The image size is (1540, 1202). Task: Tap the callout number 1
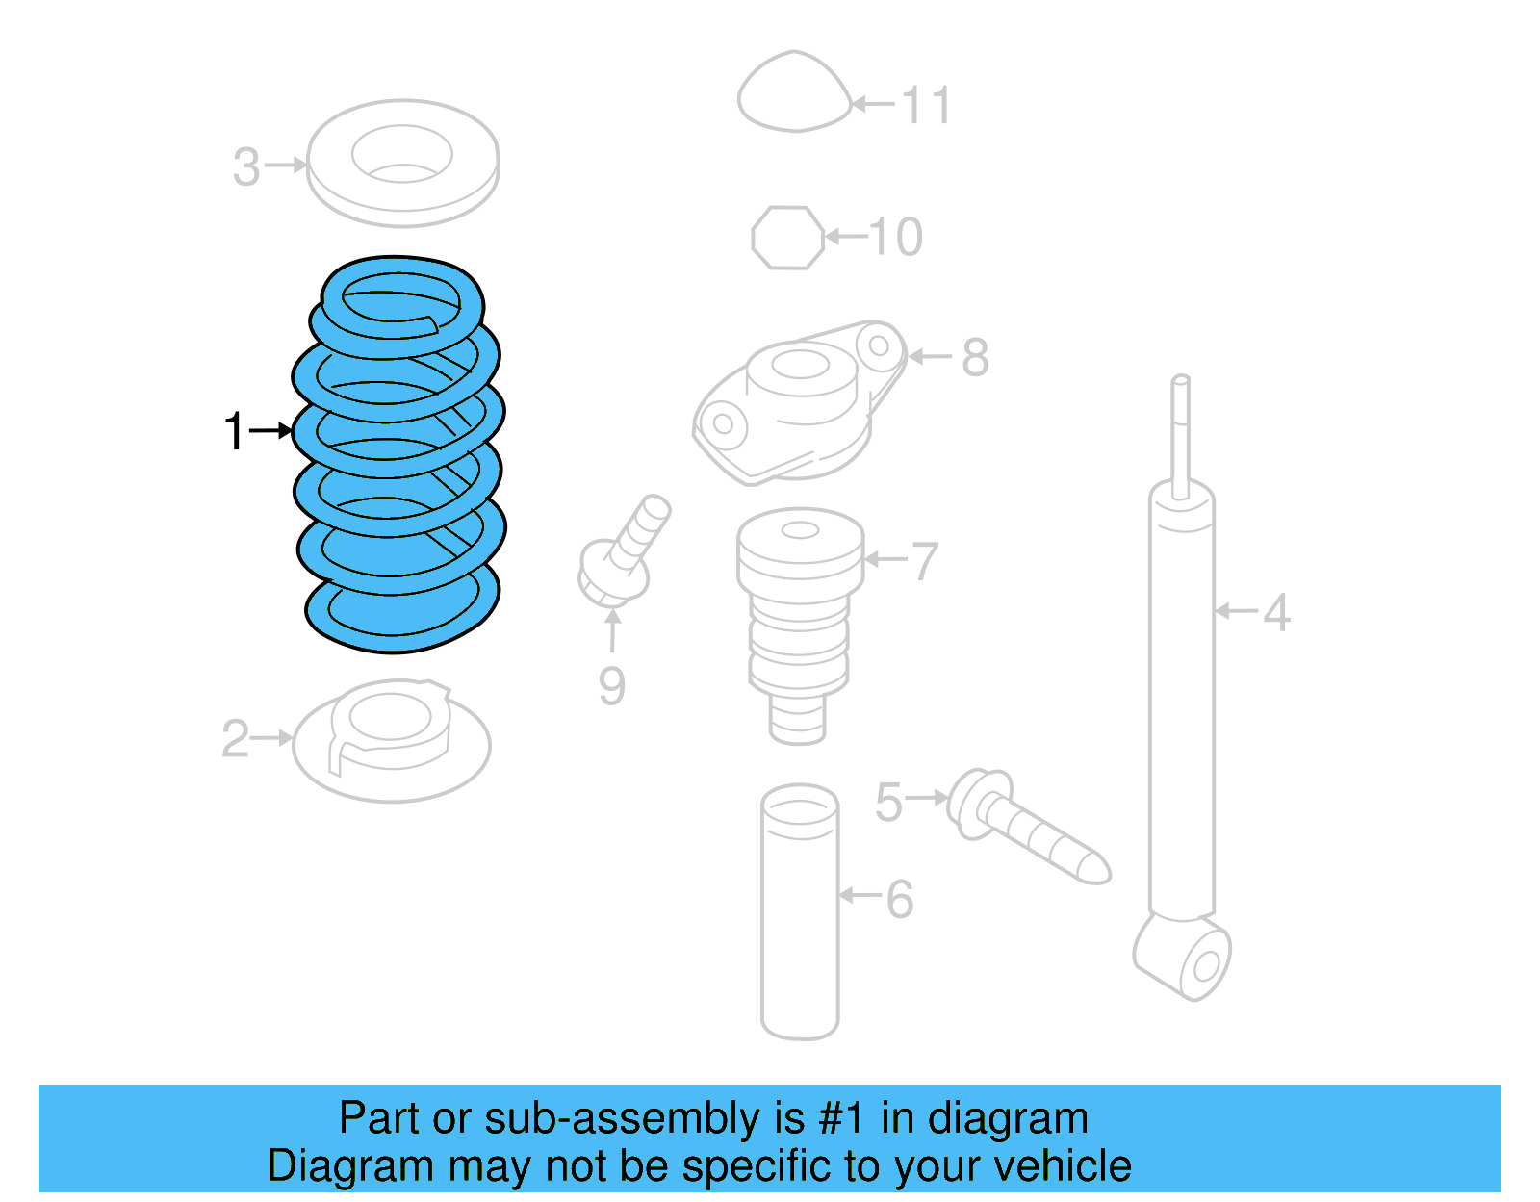click(x=234, y=431)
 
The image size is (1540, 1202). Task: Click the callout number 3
click(x=246, y=167)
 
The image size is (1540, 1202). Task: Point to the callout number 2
click(x=236, y=739)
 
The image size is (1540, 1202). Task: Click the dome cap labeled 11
click(x=794, y=94)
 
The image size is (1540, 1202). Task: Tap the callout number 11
click(x=927, y=105)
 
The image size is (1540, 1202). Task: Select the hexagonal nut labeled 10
click(x=787, y=237)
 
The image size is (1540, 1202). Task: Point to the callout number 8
click(x=975, y=358)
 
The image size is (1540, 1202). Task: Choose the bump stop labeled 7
click(x=799, y=616)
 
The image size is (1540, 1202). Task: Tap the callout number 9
click(x=612, y=686)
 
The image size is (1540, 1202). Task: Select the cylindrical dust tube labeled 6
click(x=799, y=914)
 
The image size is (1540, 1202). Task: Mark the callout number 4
click(x=1276, y=612)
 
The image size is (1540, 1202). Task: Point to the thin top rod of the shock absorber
click(x=1181, y=433)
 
